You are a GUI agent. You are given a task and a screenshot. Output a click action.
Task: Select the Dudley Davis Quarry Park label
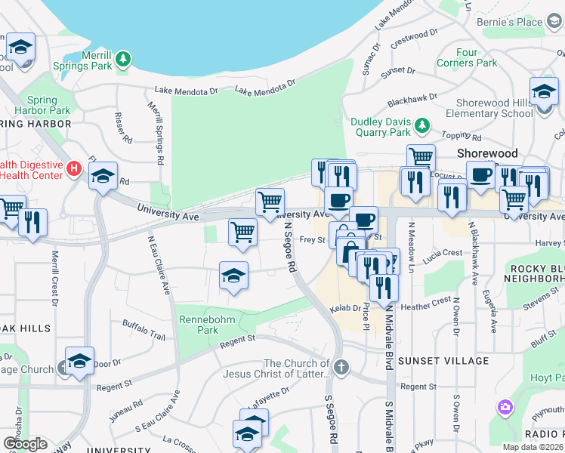coord(381,128)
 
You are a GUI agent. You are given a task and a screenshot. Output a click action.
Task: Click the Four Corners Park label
coord(477,58)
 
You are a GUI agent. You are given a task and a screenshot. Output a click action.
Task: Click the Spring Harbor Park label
coord(48,105)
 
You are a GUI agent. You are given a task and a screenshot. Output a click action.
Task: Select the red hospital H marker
coord(74,168)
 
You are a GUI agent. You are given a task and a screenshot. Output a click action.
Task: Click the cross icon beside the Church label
coord(341,368)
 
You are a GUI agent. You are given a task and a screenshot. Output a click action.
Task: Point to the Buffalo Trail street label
coord(144,329)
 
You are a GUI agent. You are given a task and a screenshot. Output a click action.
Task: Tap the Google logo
coord(25,444)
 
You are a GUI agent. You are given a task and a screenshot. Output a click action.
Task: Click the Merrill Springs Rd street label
coord(158,134)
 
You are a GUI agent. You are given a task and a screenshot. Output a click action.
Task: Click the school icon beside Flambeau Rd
coord(103,177)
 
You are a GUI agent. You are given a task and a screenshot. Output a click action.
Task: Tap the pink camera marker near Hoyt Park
coord(505,408)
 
